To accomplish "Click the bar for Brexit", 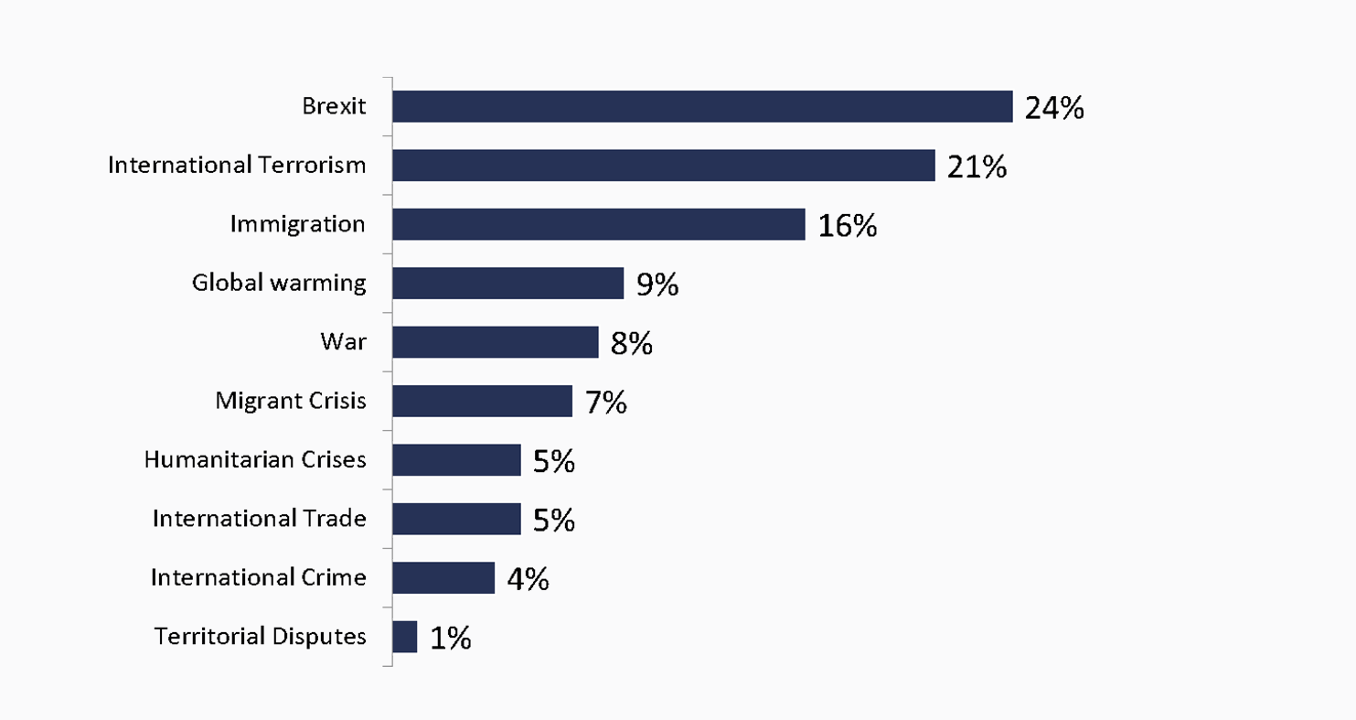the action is coord(702,106).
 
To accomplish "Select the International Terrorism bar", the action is coord(664,166).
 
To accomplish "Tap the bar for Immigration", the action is coord(599,224).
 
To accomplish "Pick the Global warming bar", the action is coord(507,283).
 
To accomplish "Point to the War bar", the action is coord(496,342).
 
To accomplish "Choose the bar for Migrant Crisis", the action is coord(483,401).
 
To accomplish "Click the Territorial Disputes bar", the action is coord(405,637).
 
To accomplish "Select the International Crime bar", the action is coord(443,577).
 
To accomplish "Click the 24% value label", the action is coord(1054,108).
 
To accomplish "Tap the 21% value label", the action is coord(977,167).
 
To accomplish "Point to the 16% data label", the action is coord(847,225).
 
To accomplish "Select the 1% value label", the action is coord(451,638).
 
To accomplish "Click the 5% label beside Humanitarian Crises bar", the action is coord(553,461).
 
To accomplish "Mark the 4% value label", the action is coord(528,579).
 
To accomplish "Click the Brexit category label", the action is coord(334,106).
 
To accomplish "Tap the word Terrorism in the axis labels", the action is coord(312,165).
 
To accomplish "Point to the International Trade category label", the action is coord(260,519).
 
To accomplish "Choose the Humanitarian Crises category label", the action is coord(255,459).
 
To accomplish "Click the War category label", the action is coord(343,341).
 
